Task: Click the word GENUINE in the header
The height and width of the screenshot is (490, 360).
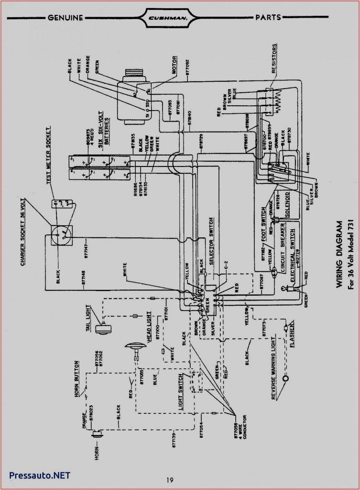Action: coord(65,18)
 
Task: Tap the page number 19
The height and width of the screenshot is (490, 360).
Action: coord(171,479)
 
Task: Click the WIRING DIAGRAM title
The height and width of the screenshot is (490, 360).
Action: coord(339,254)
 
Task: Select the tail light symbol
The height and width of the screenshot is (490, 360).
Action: coord(100,328)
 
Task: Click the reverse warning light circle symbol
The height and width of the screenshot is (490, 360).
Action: coord(287,379)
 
